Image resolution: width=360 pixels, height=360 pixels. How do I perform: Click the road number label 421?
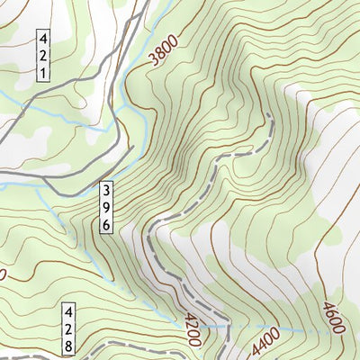click(x=43, y=55)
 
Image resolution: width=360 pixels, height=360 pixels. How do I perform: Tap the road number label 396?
click(x=106, y=208)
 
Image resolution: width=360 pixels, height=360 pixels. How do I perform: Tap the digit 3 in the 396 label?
click(x=106, y=191)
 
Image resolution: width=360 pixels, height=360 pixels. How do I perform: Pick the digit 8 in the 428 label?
click(x=69, y=347)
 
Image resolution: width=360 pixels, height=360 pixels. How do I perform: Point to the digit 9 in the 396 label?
click(x=106, y=208)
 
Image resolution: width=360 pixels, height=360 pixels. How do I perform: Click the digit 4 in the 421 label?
click(x=43, y=39)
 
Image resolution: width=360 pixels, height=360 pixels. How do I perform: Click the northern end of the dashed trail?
click(x=269, y=116)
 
